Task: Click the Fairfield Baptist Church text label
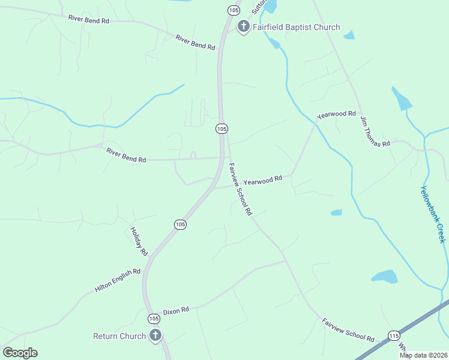(296, 27)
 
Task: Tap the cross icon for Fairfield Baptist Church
(243, 26)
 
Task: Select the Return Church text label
(119, 336)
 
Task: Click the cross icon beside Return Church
(155, 335)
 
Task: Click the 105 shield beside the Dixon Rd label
(154, 319)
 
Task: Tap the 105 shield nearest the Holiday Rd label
(180, 224)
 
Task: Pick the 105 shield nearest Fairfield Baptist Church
(233, 10)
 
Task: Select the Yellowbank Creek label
(433, 214)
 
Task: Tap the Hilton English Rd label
(118, 280)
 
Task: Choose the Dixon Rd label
(176, 310)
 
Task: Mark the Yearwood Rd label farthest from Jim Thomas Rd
(262, 179)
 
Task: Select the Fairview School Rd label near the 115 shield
(348, 330)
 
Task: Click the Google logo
(20, 353)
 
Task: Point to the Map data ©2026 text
(423, 355)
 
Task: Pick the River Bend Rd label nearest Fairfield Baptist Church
(195, 42)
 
